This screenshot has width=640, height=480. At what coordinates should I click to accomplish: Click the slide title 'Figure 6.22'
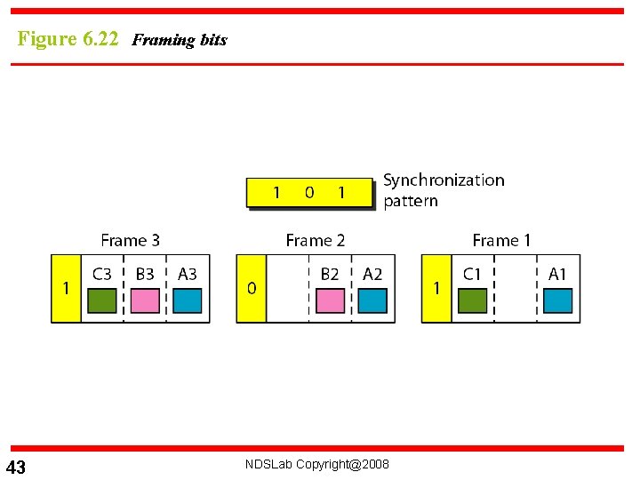click(68, 39)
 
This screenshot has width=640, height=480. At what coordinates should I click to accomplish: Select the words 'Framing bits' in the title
click(179, 40)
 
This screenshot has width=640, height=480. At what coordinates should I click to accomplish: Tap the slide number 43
click(16, 468)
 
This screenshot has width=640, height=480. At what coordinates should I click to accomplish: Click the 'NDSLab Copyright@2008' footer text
click(318, 464)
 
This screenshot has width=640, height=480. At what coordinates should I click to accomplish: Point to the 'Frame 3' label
click(131, 240)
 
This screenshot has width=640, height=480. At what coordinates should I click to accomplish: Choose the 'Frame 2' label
click(316, 240)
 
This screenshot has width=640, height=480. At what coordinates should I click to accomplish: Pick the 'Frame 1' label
click(501, 240)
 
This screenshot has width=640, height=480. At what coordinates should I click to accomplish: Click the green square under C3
click(102, 301)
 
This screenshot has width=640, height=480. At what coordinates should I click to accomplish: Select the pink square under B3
click(145, 301)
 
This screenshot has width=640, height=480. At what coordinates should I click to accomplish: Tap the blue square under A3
click(188, 301)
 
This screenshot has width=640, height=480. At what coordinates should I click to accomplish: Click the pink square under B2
click(330, 301)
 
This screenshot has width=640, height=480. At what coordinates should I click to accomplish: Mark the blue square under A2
click(372, 301)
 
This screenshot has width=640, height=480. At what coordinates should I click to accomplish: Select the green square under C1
click(472, 301)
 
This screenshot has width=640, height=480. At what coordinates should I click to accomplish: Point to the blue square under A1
click(557, 301)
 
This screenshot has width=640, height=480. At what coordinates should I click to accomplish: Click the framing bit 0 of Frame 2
click(252, 288)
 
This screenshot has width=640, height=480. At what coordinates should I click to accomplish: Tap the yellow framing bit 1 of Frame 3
click(66, 288)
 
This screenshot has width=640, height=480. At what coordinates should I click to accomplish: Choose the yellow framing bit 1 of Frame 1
click(436, 288)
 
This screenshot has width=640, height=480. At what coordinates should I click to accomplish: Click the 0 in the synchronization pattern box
click(309, 192)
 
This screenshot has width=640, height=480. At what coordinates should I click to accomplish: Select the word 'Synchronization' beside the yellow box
click(444, 180)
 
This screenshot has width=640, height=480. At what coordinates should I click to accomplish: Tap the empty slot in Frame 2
click(287, 289)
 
